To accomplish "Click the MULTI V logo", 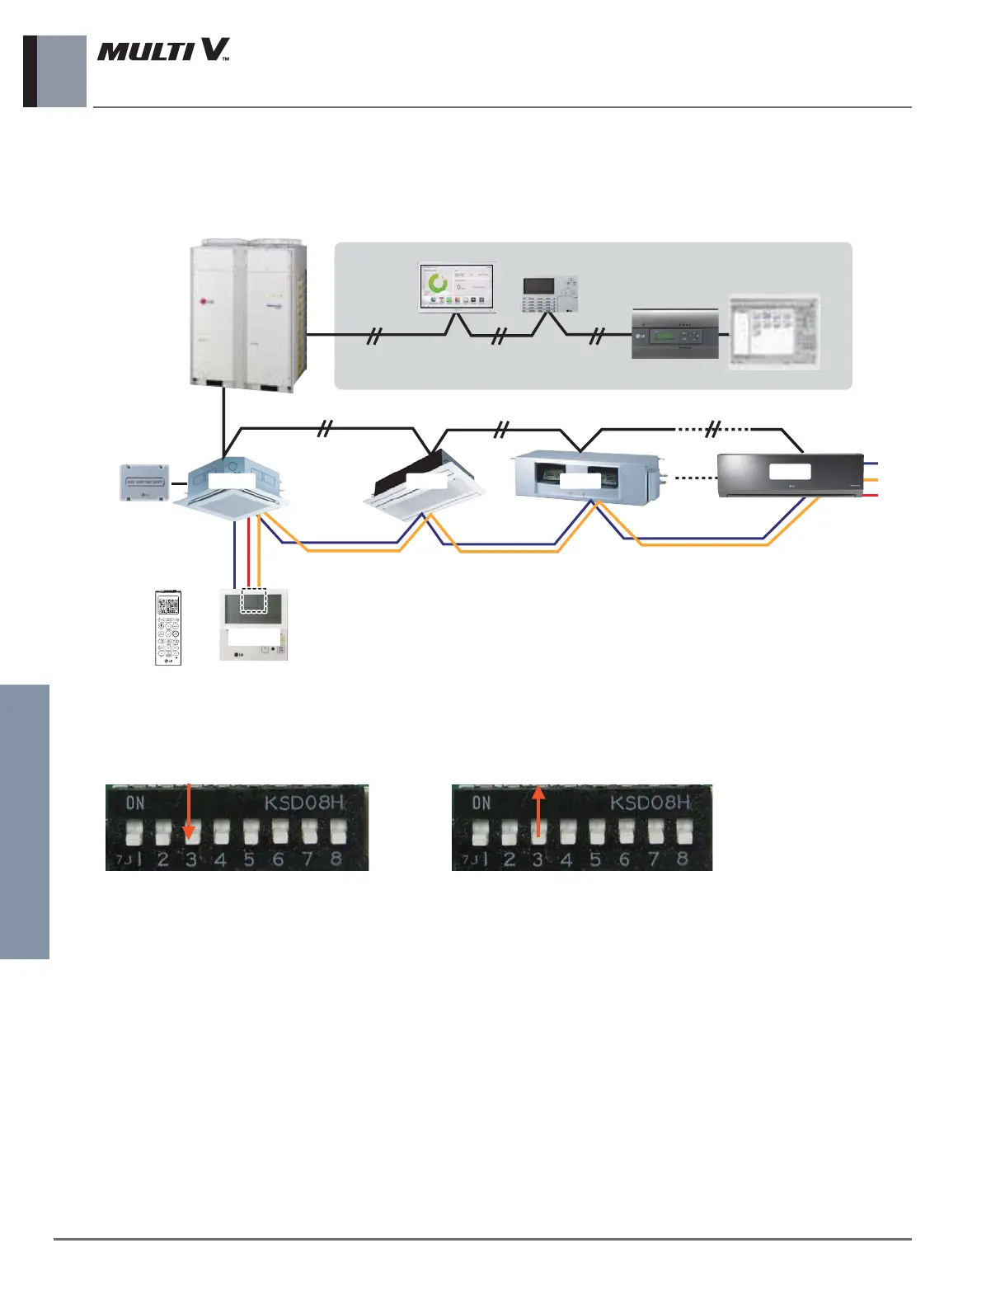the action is point(163,51).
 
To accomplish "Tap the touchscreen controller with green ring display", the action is point(457,287).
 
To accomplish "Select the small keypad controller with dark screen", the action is point(550,294).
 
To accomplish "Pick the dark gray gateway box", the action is point(674,334).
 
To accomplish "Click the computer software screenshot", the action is point(774,332).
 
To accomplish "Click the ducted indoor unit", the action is point(586,475).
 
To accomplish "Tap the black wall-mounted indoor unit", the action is point(790,474).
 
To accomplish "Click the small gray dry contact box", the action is point(145,483).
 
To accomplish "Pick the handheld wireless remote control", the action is point(168,627).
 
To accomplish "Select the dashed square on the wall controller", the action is point(254,601).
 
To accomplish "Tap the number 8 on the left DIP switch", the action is point(336,859).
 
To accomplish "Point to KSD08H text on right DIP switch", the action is point(650,803).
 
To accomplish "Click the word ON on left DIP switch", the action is point(135,803).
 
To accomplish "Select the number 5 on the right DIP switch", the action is point(595,859).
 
